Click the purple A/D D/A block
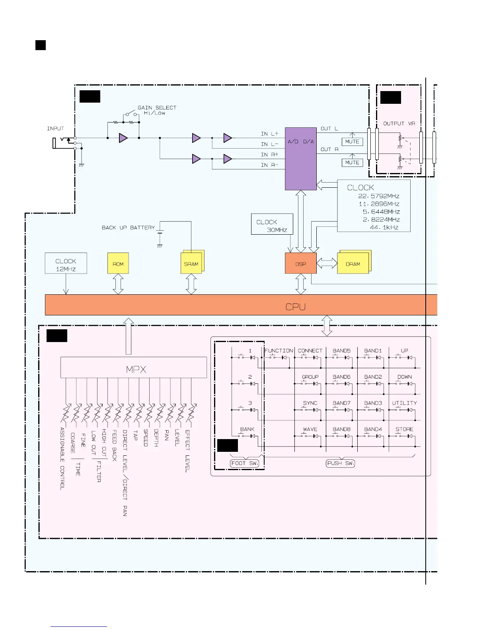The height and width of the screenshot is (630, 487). click(300, 159)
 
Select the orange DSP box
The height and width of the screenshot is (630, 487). click(300, 264)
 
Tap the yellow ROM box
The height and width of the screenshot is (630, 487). click(118, 263)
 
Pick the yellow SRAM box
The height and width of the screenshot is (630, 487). click(191, 264)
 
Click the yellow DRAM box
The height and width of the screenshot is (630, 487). click(353, 264)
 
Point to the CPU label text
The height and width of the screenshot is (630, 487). click(295, 307)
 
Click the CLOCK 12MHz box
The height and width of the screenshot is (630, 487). click(66, 263)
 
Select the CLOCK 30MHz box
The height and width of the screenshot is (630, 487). click(272, 225)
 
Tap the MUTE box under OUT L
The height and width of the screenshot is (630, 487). click(352, 142)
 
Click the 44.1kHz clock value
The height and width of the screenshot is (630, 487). click(384, 227)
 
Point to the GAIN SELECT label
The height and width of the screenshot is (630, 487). click(157, 108)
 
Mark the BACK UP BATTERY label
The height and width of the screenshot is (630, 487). click(128, 227)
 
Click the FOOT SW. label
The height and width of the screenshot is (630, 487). click(244, 463)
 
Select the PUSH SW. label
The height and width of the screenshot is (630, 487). click(340, 463)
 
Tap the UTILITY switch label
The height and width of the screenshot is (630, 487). click(404, 403)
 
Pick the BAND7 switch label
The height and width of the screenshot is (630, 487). click(341, 403)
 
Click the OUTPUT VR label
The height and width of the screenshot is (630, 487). click(399, 124)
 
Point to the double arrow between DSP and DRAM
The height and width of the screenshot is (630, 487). click(327, 263)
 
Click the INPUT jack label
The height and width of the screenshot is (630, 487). click(55, 128)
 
